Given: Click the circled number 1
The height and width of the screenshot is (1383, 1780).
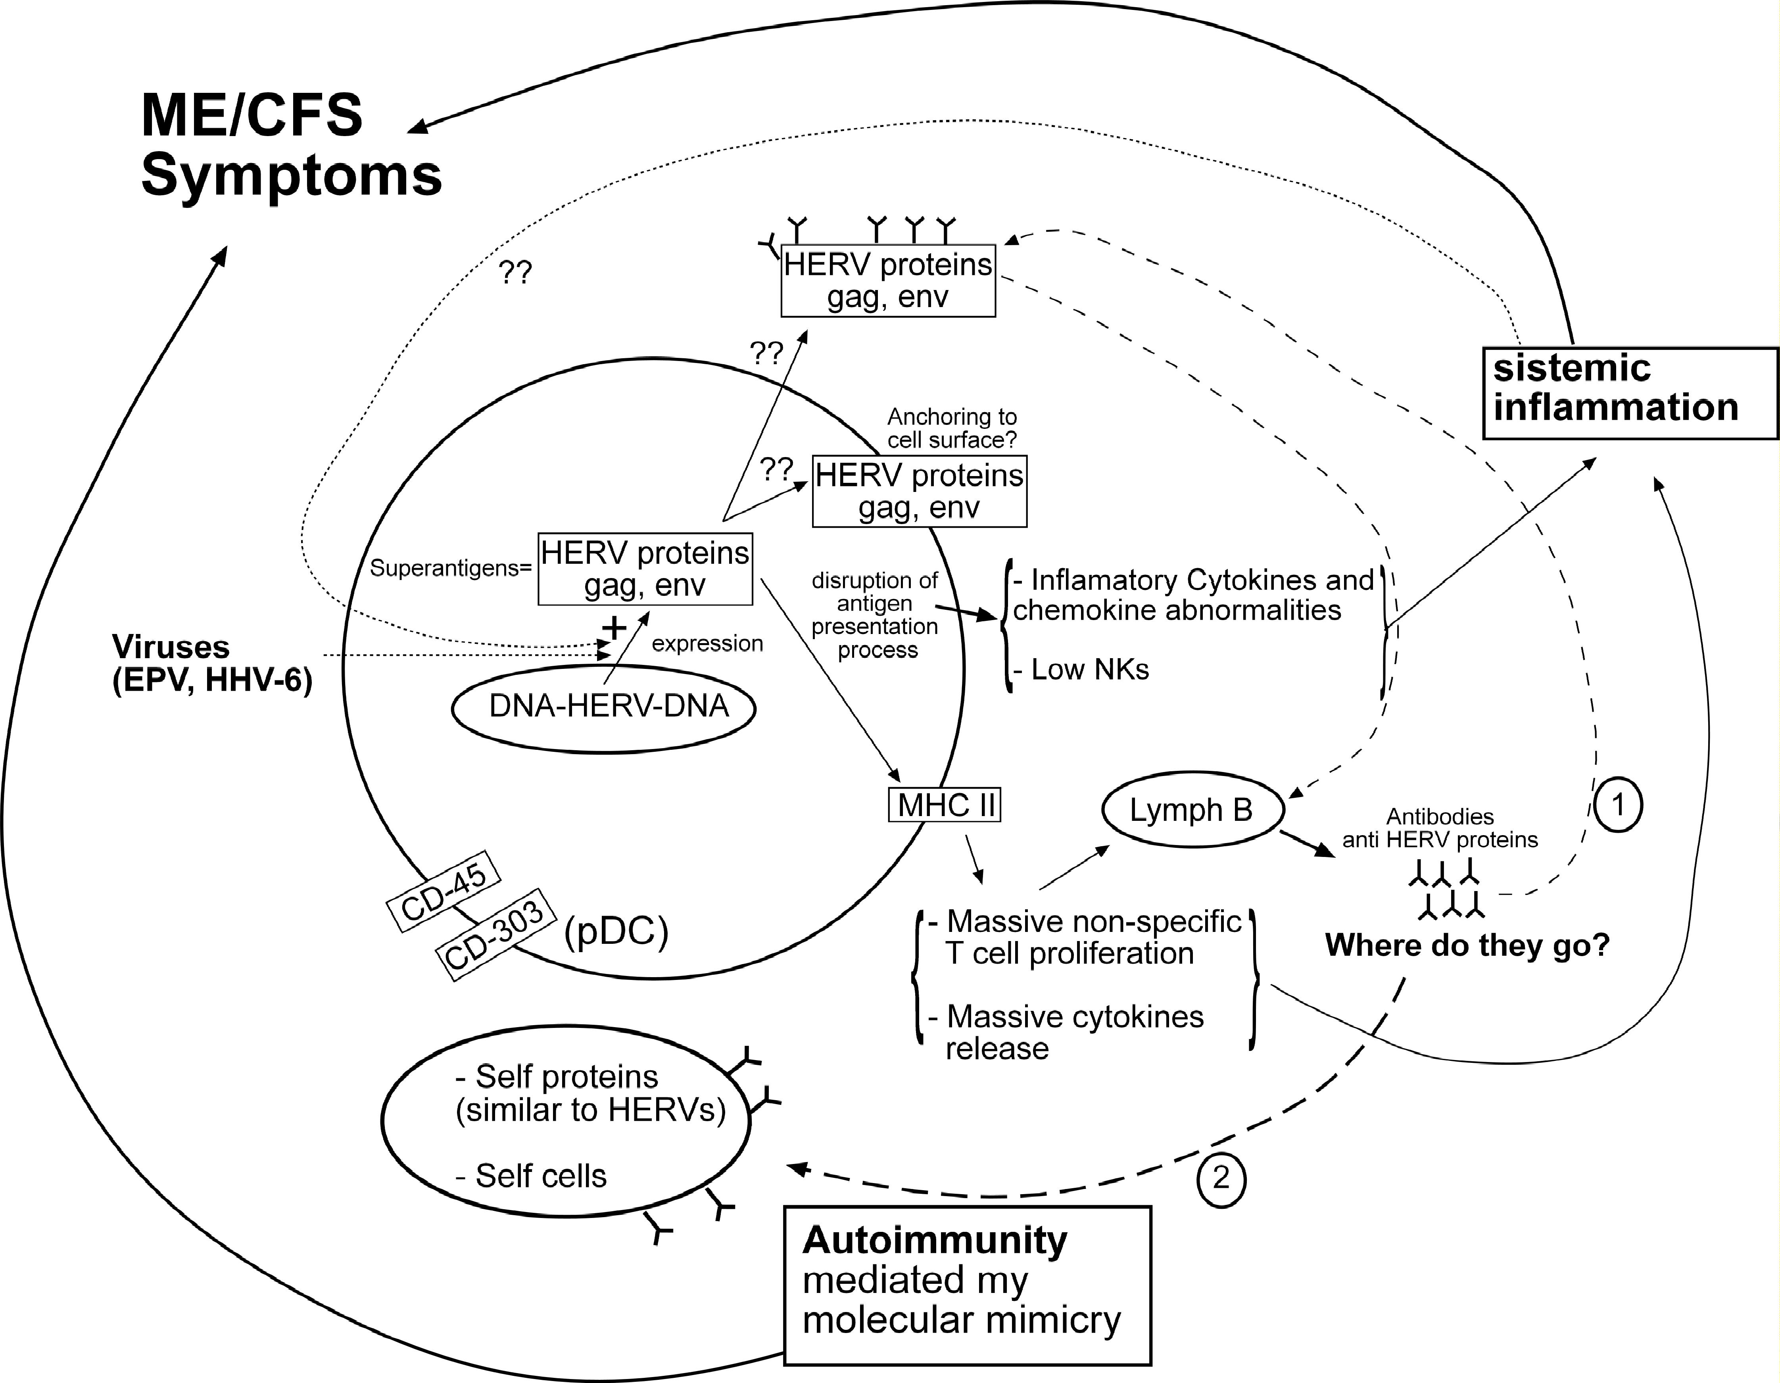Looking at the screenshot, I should [1618, 805].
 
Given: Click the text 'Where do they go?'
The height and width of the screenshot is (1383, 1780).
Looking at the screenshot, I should [1467, 945].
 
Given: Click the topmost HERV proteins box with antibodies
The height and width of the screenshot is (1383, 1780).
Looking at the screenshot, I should [887, 280].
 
